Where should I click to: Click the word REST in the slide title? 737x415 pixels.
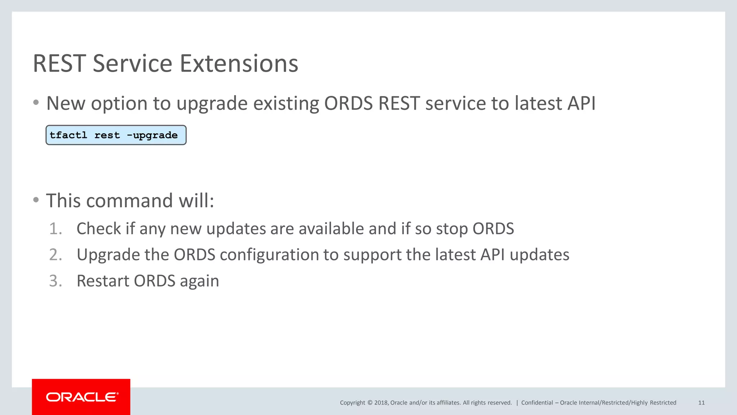point(59,64)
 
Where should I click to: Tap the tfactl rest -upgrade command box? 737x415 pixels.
point(116,135)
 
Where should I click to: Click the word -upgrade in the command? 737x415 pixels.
point(152,135)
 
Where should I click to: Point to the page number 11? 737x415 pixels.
point(701,403)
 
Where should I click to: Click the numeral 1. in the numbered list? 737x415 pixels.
point(55,229)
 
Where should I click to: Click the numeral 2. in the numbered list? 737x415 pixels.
point(55,255)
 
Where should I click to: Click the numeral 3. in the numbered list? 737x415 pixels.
point(55,281)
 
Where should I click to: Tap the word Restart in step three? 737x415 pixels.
point(102,281)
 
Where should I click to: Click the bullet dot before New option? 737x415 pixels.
point(36,103)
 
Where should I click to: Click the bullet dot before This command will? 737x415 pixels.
point(36,200)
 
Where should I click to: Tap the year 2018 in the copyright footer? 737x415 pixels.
point(381,403)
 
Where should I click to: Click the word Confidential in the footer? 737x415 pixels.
point(537,403)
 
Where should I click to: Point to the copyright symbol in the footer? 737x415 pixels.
point(370,403)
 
